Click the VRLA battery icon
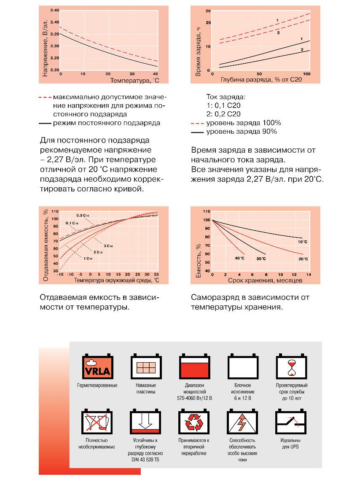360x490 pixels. (x=97, y=366)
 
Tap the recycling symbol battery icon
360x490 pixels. (x=194, y=421)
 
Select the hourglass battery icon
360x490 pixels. (x=291, y=366)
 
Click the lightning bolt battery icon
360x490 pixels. (x=242, y=421)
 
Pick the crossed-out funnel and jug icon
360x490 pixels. (x=97, y=421)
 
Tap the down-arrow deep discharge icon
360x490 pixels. (x=145, y=421)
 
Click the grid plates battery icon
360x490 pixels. (x=146, y=366)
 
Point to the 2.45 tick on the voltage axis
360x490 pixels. (x=55, y=10)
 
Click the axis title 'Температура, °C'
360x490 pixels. (x=135, y=81)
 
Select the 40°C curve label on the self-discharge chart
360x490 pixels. (x=240, y=258)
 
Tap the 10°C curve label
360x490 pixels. (x=302, y=242)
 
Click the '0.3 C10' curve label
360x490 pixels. (x=83, y=215)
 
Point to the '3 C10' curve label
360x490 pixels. (x=108, y=246)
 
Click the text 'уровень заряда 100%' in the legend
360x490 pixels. (x=244, y=123)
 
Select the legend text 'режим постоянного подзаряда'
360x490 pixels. (x=107, y=123)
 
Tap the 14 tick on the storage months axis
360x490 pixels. (x=309, y=275)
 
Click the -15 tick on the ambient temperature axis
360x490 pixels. (x=60, y=275)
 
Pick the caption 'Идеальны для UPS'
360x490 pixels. (x=290, y=444)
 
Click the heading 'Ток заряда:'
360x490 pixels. (x=226, y=97)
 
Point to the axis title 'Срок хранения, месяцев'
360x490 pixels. (x=265, y=280)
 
